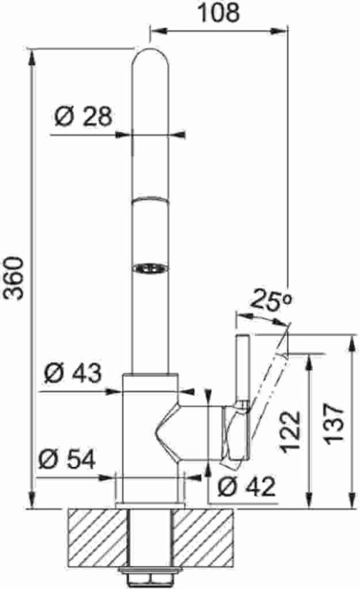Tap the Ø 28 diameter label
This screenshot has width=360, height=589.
coord(83,116)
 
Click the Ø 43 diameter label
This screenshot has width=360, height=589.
coord(72,372)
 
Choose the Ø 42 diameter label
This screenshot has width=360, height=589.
coord(246,487)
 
